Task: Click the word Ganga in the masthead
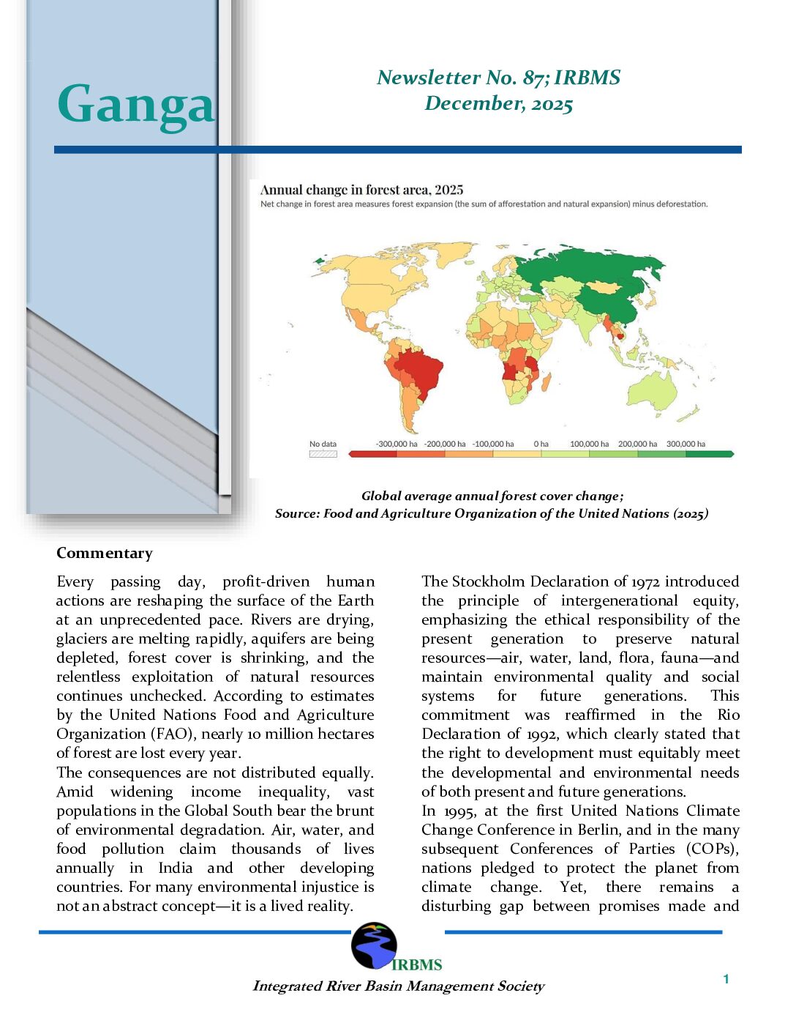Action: (136, 105)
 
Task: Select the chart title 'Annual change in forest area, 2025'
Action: (361, 190)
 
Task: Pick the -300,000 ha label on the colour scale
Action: (397, 444)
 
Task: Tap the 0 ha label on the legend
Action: (541, 444)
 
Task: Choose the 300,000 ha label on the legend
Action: (686, 444)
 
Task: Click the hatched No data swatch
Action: (323, 454)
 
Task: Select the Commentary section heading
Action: (105, 554)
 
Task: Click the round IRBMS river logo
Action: (374, 945)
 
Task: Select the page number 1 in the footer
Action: (726, 979)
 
